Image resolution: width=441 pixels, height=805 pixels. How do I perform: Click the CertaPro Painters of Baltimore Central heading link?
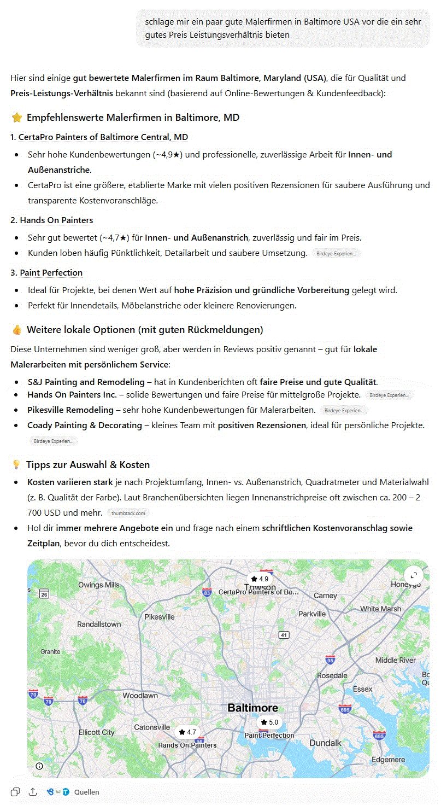click(x=103, y=137)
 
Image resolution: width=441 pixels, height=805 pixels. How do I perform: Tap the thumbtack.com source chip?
click(x=128, y=514)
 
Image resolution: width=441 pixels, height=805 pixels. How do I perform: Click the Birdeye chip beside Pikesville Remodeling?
click(x=344, y=410)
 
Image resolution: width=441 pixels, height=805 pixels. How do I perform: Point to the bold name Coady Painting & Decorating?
click(x=85, y=425)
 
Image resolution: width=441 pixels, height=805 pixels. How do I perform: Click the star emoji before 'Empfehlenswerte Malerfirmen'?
click(x=16, y=118)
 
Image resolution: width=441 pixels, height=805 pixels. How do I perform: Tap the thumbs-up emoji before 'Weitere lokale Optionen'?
click(x=16, y=330)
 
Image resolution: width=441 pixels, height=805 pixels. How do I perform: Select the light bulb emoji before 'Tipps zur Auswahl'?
click(x=16, y=465)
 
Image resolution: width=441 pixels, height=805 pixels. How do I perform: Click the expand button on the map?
click(x=414, y=575)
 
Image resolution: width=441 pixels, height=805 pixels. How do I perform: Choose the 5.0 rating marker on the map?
click(x=269, y=722)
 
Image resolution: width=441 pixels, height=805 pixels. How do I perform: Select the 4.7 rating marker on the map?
click(x=187, y=732)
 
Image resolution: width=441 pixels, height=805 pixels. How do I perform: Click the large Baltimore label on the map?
click(x=252, y=708)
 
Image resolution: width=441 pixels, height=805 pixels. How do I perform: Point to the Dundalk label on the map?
click(x=325, y=743)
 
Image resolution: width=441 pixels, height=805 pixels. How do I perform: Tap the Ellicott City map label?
click(x=97, y=732)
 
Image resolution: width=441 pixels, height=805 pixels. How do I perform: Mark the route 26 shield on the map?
click(x=44, y=594)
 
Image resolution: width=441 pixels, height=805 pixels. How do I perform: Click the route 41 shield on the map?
click(x=283, y=635)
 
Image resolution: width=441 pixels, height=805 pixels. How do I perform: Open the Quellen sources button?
click(x=86, y=792)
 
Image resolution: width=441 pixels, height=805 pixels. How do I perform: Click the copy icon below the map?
click(x=15, y=792)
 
